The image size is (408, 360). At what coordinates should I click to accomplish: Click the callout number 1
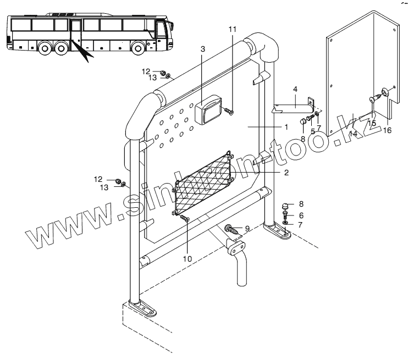(285, 126)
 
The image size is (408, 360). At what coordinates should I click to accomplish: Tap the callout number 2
(285, 173)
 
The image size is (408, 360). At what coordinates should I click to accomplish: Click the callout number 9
(247, 228)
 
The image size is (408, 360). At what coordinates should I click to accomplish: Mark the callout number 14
(352, 134)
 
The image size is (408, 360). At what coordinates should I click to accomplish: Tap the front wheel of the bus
(137, 48)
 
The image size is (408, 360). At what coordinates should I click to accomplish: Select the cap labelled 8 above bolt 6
(286, 207)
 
